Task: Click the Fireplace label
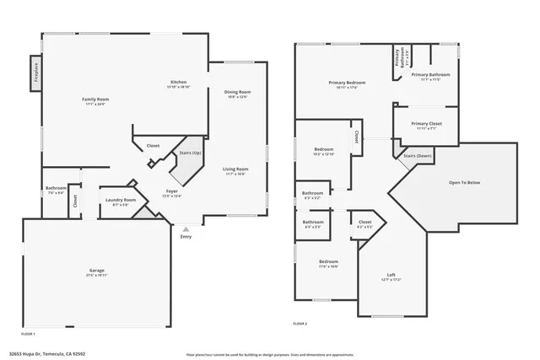click(x=37, y=73)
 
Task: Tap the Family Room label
click(x=95, y=99)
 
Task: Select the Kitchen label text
click(x=178, y=82)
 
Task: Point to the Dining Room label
click(x=237, y=92)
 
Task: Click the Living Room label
click(x=235, y=169)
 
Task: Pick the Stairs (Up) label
click(x=191, y=153)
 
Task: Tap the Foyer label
click(x=171, y=191)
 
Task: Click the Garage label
click(x=97, y=270)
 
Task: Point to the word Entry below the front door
click(x=186, y=236)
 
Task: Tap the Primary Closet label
click(x=424, y=124)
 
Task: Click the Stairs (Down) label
click(x=418, y=156)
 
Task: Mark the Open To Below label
click(x=465, y=182)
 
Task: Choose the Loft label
click(x=391, y=274)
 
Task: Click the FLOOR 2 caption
click(x=300, y=324)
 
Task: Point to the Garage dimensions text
click(x=97, y=275)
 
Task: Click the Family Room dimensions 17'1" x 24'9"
click(x=95, y=105)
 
